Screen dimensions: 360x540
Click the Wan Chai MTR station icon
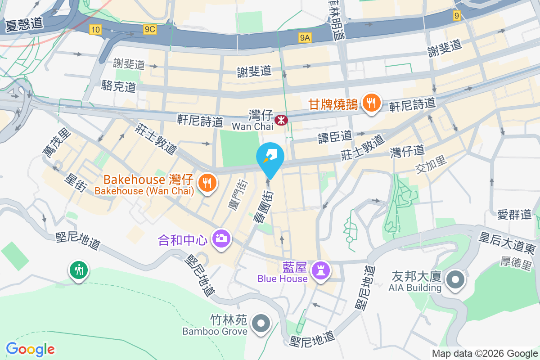pyautogui.click(x=281, y=120)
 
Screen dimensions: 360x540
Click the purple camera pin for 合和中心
pyautogui.click(x=221, y=238)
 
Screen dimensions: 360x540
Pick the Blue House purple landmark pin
pyautogui.click(x=320, y=270)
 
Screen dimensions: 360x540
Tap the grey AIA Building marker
pyautogui.click(x=455, y=280)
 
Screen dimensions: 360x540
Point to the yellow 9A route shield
pyautogui.click(x=305, y=38)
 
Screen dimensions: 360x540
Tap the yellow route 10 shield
pyautogui.click(x=95, y=30)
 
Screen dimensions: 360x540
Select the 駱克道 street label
pyautogui.click(x=119, y=86)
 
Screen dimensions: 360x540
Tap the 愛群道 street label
pyautogui.click(x=514, y=215)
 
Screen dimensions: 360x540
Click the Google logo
pyautogui.click(x=30, y=349)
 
